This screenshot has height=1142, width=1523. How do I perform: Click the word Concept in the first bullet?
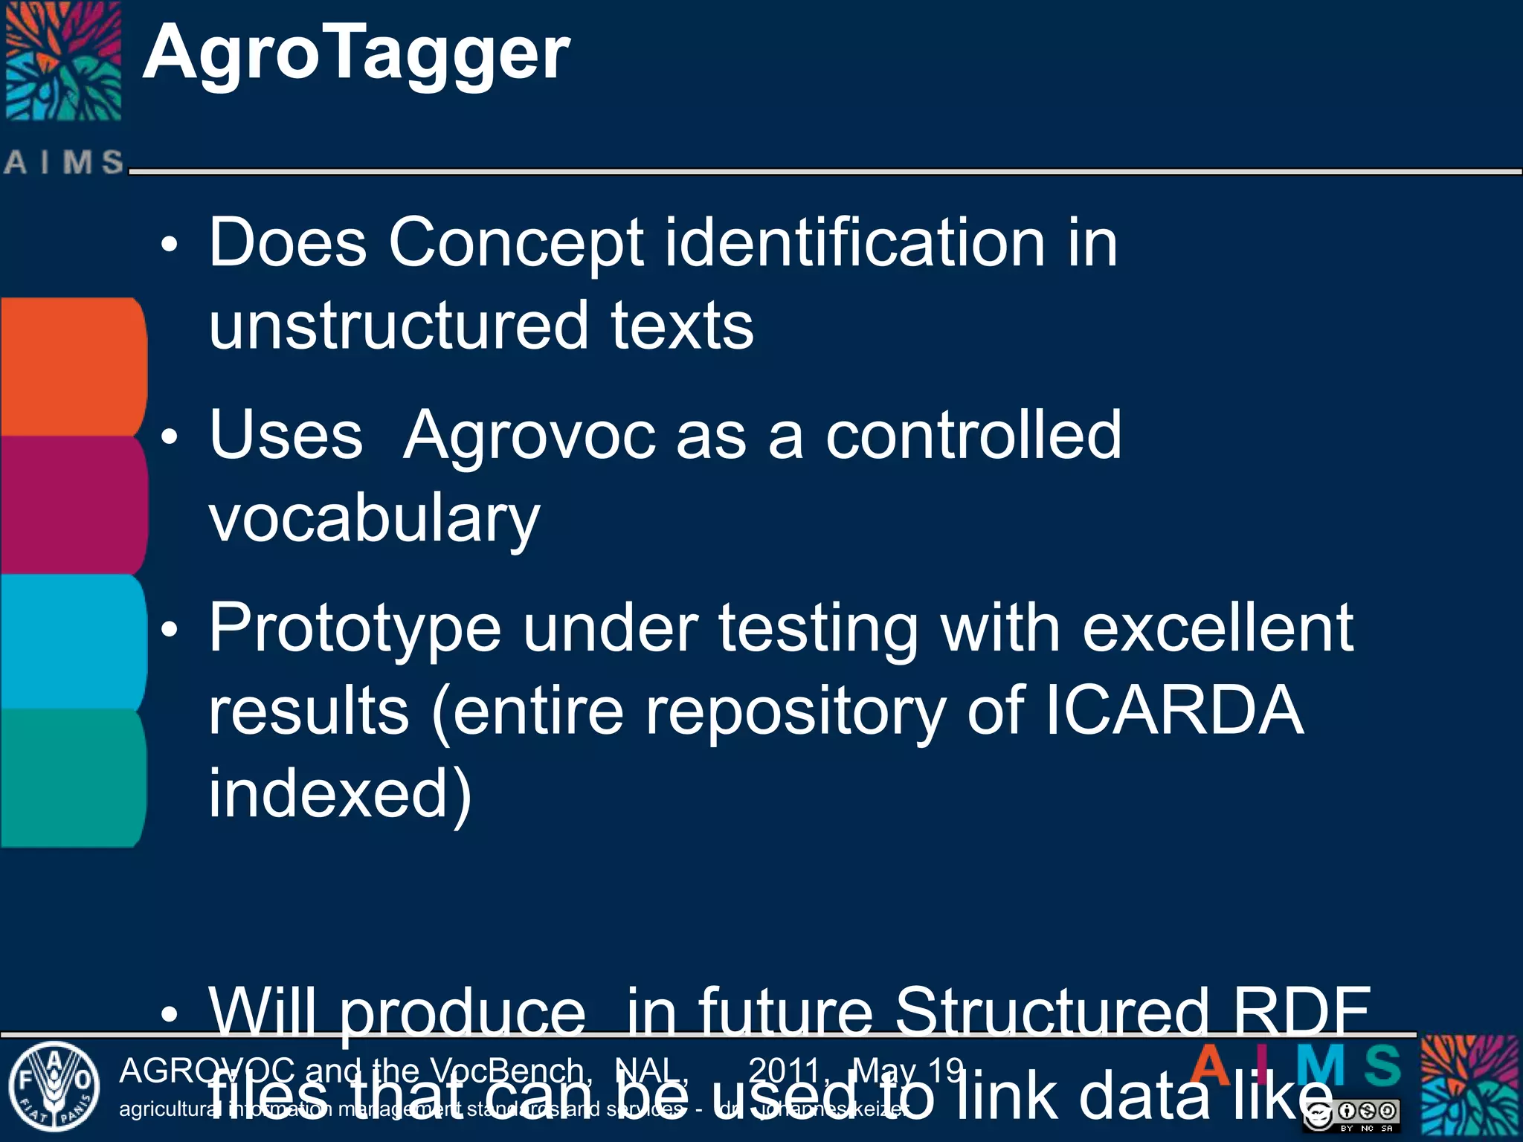coord(515,244)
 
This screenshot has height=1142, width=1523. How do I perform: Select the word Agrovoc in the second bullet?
coord(529,436)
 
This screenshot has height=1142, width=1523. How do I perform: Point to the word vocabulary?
coord(374,519)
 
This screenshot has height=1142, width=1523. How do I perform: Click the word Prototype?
coord(354,629)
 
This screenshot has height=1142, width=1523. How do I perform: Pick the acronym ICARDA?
coord(1174,711)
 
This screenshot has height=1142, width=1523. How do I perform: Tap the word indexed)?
coord(340,794)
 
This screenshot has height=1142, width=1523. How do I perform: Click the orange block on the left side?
coord(72,366)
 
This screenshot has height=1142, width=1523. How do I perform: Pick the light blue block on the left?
coord(72,641)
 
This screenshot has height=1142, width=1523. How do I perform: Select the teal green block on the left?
coord(72,777)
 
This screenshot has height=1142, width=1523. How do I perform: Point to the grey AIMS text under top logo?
coord(64,162)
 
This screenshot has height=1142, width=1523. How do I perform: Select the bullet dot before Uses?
coord(170,437)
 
